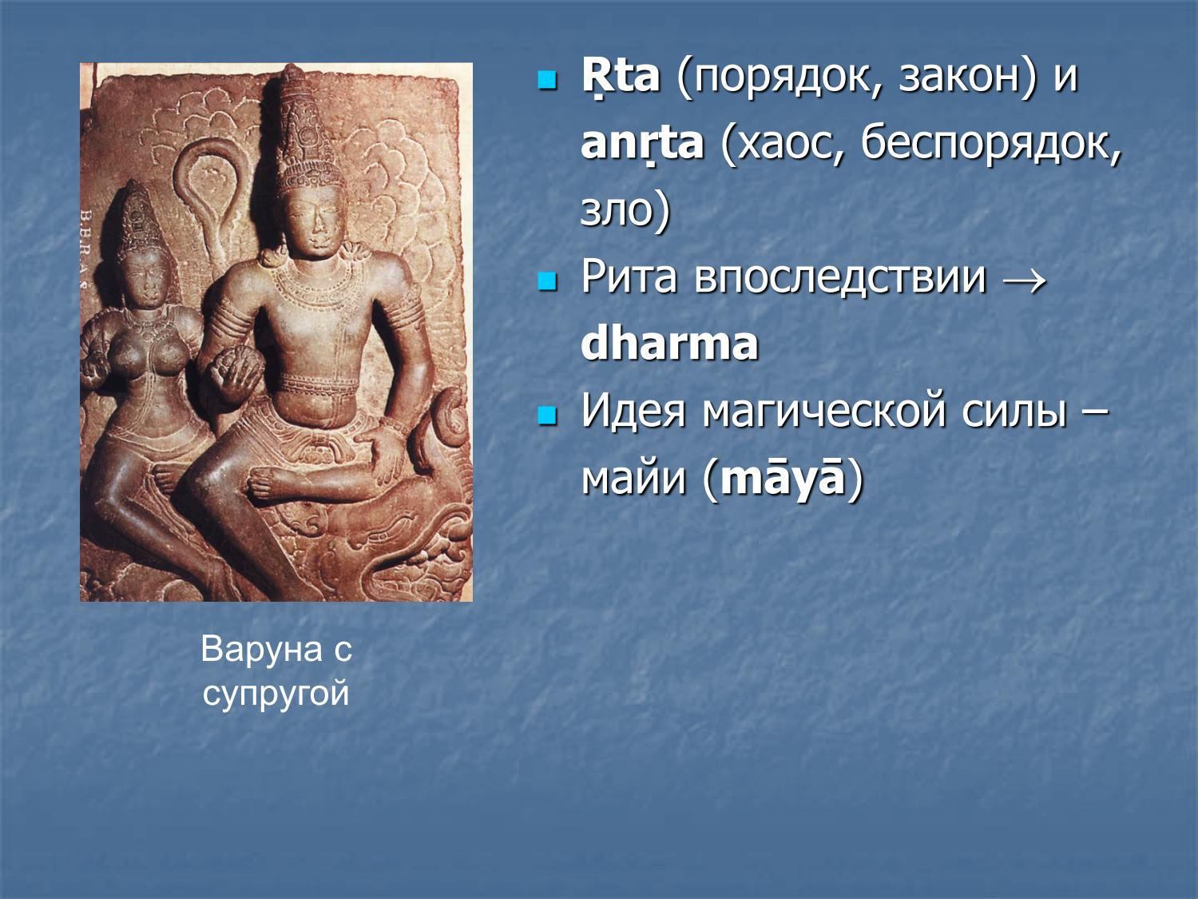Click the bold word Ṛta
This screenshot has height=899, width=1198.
(620, 78)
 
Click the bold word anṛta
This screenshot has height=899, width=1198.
(642, 145)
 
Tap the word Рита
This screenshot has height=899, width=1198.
(629, 277)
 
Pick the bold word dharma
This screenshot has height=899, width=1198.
(669, 344)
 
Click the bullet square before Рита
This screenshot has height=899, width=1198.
(547, 280)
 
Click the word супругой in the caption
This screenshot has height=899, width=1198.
(276, 693)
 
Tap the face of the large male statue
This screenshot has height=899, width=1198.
(312, 216)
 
